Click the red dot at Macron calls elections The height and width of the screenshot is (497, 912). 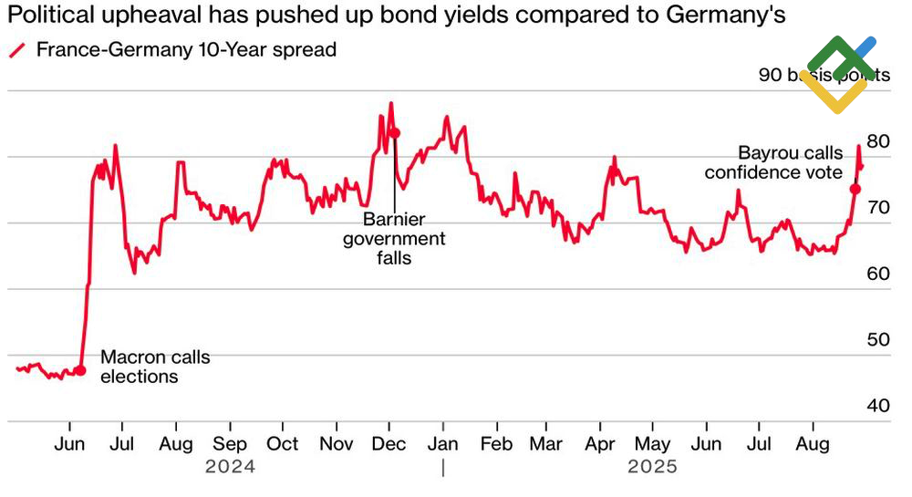coord(80,370)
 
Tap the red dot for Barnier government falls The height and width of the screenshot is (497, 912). coord(395,133)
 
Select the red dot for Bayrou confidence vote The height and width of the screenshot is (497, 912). coord(855,189)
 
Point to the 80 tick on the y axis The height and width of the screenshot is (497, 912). coord(878,141)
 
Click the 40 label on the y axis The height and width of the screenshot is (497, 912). coord(878,405)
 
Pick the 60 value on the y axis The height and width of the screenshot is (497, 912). coord(878,274)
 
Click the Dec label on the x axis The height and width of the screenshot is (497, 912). coord(389,444)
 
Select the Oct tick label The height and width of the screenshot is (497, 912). coord(283,444)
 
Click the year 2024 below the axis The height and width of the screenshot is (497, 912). coord(230,467)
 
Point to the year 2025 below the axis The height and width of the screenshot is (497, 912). coord(652,467)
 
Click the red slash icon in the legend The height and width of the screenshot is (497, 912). coord(16,51)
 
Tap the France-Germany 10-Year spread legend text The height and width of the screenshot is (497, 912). coord(186,50)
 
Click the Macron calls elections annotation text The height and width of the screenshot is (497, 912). coord(154,367)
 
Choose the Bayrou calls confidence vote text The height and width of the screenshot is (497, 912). coord(773,162)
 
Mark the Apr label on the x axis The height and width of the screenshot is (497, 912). coord(600,444)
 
